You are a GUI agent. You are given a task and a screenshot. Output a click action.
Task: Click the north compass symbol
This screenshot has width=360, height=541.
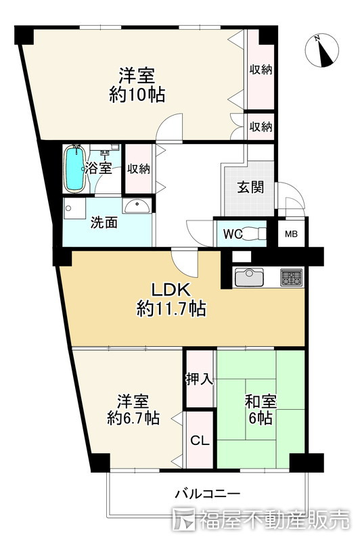click(x=321, y=50)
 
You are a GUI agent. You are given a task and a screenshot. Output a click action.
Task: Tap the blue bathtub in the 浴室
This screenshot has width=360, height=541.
click(x=74, y=168)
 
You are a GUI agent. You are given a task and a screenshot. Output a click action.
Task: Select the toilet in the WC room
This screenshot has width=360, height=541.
click(x=254, y=233)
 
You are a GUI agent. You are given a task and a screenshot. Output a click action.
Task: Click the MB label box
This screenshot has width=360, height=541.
click(x=291, y=234)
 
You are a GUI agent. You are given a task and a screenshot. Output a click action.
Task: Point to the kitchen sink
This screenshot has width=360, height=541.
click(x=249, y=277)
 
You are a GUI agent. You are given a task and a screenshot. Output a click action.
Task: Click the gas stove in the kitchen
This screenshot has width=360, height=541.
click(x=291, y=277)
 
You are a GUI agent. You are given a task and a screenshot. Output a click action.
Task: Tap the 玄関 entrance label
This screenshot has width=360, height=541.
click(x=250, y=187)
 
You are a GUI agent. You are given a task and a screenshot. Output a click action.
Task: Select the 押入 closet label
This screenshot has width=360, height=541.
click(x=200, y=379)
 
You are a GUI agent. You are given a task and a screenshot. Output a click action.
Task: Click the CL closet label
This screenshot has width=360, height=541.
click(x=200, y=441)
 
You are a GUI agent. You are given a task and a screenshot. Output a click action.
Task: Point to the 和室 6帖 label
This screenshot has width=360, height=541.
click(x=261, y=410)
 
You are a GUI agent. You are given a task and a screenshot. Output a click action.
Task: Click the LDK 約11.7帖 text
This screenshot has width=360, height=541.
click(x=172, y=300)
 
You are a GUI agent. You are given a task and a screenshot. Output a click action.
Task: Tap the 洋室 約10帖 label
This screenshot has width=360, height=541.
click(x=137, y=85)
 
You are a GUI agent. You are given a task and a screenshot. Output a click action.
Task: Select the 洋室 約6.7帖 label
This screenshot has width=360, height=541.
click(x=133, y=410)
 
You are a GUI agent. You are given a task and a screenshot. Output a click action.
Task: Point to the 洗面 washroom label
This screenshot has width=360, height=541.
click(x=104, y=223)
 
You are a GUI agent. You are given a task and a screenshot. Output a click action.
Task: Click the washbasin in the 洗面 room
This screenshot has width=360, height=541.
click(x=137, y=206)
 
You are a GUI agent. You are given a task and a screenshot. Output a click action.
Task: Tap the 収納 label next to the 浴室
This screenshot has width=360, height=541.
click(x=139, y=169)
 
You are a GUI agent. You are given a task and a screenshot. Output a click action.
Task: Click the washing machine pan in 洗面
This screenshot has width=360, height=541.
click(x=74, y=209)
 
